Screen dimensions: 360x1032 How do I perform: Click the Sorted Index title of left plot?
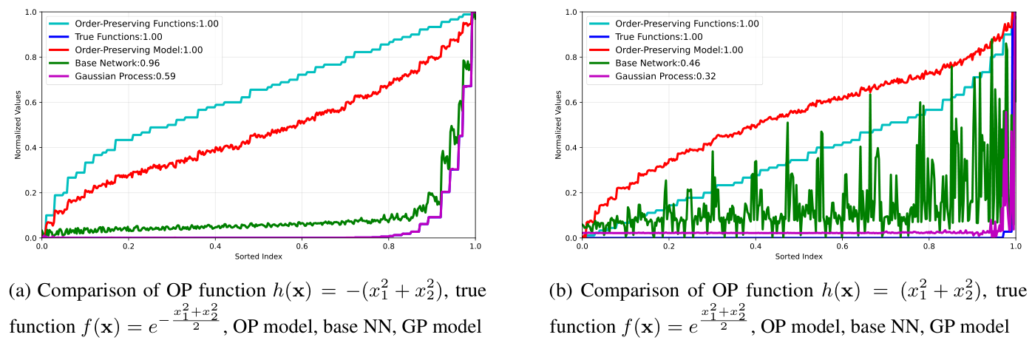click(258, 257)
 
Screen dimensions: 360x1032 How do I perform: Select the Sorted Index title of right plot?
click(798, 257)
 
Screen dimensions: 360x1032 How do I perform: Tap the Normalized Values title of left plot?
click(18, 125)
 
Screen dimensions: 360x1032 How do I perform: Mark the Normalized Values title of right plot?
click(558, 125)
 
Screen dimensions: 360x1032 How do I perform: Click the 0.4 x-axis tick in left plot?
click(214, 247)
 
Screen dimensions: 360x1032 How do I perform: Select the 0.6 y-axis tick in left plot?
click(30, 103)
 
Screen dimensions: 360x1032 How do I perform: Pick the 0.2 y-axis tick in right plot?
click(571, 193)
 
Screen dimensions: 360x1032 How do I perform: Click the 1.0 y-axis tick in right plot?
click(571, 13)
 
